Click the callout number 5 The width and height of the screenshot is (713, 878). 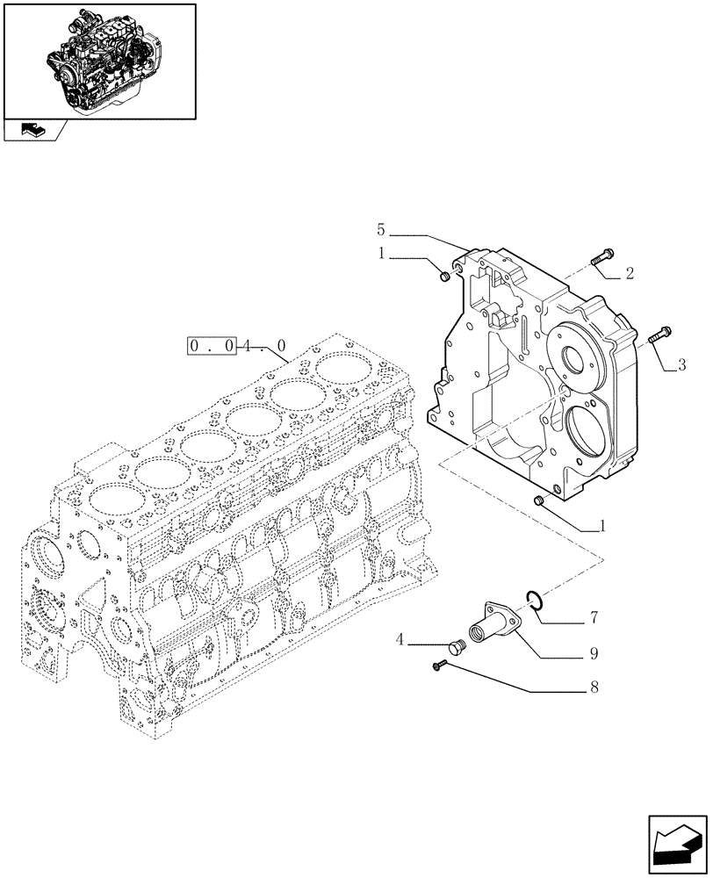(x=381, y=230)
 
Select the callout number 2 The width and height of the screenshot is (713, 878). (x=629, y=274)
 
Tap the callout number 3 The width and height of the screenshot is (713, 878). (x=681, y=364)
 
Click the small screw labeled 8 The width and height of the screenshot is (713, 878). (x=439, y=668)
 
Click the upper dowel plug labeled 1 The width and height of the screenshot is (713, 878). (x=443, y=277)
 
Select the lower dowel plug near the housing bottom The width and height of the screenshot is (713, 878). (x=540, y=500)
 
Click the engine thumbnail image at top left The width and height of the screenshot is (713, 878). (x=99, y=60)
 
